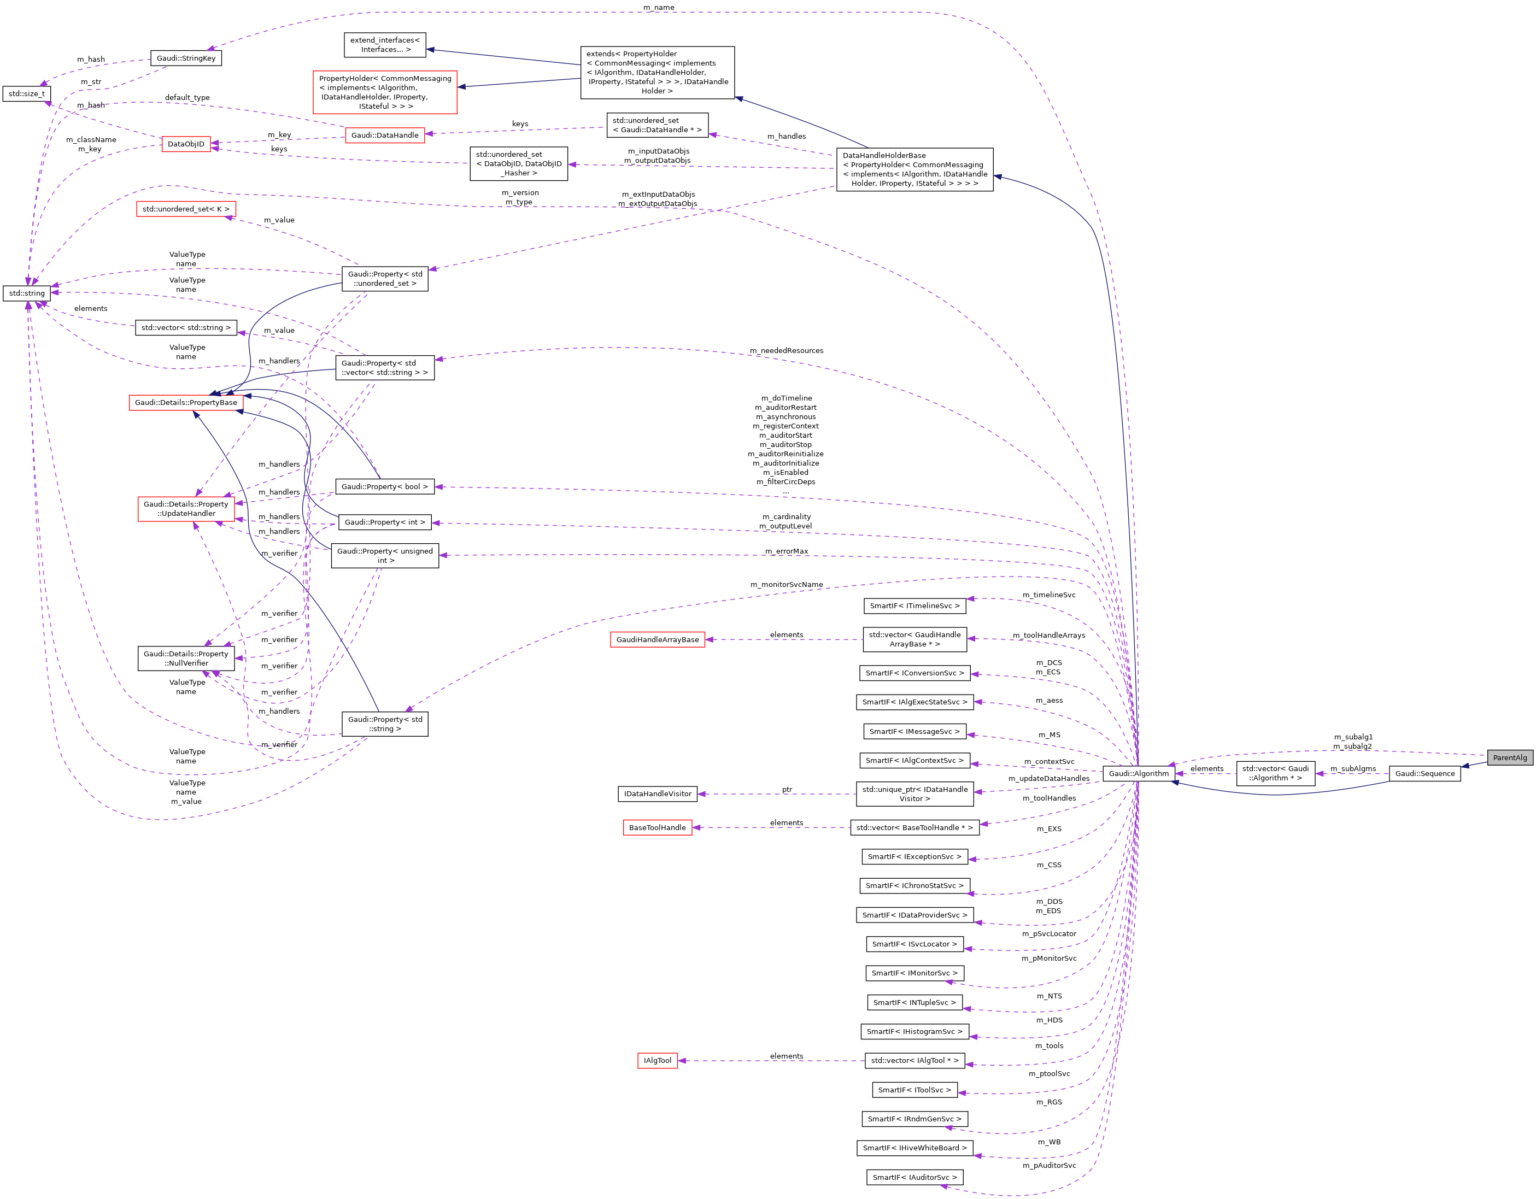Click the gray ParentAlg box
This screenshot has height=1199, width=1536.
pos(1509,757)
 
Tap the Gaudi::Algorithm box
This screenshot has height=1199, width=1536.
pos(1138,773)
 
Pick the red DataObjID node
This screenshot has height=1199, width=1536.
pos(186,144)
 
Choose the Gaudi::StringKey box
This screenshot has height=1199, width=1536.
pos(186,58)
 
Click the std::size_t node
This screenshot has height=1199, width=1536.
pos(27,93)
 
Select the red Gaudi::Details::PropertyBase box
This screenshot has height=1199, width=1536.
pos(186,402)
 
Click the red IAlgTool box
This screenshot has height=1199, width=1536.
pos(657,1060)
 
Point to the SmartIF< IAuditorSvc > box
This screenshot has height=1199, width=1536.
pos(914,1177)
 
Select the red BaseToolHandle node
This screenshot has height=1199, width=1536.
pos(657,828)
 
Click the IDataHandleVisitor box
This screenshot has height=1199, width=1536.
pos(657,794)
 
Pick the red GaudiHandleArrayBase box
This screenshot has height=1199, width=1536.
pos(657,640)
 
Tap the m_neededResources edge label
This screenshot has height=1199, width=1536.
pos(785,351)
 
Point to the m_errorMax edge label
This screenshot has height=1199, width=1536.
pos(785,551)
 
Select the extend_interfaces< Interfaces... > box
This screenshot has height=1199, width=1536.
pos(385,45)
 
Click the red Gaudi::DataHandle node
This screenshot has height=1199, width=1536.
pos(385,135)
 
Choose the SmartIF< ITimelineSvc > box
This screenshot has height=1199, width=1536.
pos(914,606)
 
